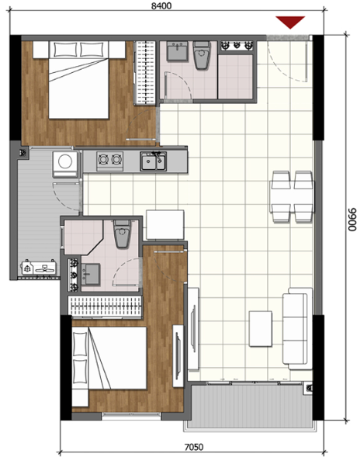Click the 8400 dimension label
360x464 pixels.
161,5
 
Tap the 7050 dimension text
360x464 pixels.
194,446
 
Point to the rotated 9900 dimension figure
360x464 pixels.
352,220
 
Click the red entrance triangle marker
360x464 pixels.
290,23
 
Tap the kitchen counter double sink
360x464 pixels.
153,161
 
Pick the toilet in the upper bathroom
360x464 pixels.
202,55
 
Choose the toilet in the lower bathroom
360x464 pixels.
123,234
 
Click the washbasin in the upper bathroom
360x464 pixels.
177,51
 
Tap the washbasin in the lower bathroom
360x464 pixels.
90,275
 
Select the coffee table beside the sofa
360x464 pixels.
261,328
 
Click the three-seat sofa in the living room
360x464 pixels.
297,328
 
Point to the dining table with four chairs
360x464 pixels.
292,196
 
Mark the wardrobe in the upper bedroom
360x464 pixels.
144,73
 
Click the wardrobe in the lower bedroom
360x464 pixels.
105,306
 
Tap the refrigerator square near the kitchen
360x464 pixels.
165,224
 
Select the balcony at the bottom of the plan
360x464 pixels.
250,405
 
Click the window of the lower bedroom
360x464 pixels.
131,416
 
